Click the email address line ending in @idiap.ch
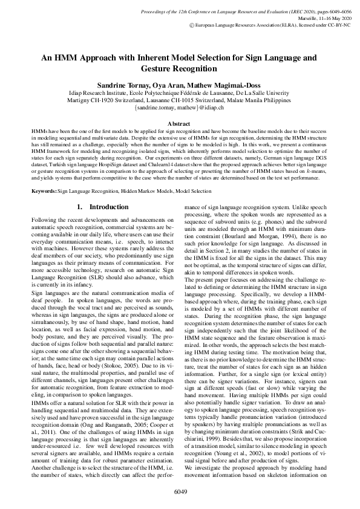180,107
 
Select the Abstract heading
180,123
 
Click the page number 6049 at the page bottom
180,493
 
